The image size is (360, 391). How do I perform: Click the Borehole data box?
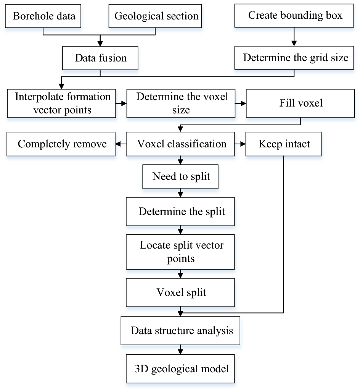[44, 16]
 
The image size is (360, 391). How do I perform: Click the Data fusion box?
[101, 58]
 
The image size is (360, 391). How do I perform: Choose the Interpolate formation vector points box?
[61, 103]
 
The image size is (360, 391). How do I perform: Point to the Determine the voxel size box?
[180, 103]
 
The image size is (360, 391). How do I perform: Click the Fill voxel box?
[301, 103]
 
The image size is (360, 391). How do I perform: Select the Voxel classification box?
[180, 144]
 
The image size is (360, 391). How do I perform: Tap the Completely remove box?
[61, 144]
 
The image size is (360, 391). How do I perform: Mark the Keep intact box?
[284, 144]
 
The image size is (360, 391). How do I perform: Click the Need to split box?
[180, 177]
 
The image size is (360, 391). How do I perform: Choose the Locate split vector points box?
[180, 252]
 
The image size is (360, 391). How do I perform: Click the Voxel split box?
[180, 292]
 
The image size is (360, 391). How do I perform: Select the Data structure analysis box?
[180, 331]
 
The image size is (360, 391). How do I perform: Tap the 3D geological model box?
[180, 369]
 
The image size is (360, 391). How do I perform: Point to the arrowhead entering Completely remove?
[118, 144]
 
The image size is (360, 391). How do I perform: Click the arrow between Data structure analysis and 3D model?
[180, 349]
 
